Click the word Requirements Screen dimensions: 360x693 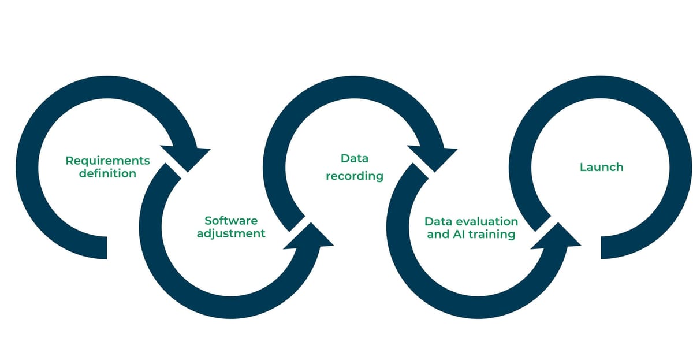click(107, 161)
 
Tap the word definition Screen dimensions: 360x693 click(107, 173)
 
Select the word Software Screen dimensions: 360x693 click(231, 221)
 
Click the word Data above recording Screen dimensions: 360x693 click(354, 158)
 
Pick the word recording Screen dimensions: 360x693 click(354, 176)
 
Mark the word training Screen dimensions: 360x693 click(492, 235)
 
